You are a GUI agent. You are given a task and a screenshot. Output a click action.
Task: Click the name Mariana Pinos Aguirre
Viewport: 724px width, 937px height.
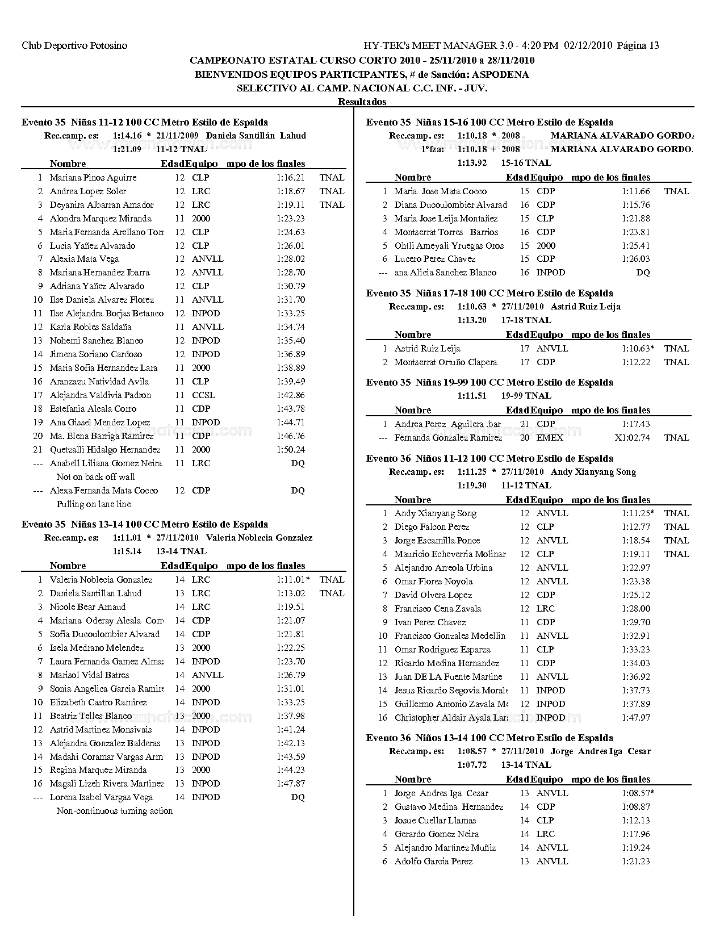point(93,178)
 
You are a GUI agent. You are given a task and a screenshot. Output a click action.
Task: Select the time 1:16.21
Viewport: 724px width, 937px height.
point(291,178)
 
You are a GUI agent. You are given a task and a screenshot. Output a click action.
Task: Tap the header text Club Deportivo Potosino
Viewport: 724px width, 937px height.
point(74,45)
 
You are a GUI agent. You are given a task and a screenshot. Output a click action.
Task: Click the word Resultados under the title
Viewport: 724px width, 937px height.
point(362,102)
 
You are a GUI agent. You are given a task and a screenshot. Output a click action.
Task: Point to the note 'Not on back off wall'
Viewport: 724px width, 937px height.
point(95,477)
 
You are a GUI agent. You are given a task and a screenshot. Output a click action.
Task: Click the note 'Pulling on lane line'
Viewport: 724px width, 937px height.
point(94,504)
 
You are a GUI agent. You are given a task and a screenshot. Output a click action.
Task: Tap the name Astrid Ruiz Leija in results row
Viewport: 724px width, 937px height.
point(427,349)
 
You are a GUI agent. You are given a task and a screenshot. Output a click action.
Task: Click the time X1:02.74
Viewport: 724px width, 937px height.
point(632,438)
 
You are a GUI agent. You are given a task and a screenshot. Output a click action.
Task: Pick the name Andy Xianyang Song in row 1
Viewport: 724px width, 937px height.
point(436,513)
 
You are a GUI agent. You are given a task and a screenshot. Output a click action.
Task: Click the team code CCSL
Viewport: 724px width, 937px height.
point(203,395)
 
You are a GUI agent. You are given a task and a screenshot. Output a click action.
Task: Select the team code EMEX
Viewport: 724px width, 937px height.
point(550,438)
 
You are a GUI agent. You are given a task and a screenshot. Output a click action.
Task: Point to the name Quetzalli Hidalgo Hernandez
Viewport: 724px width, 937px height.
point(105,450)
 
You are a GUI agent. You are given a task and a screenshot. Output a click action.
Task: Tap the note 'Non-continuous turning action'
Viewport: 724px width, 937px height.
point(115,811)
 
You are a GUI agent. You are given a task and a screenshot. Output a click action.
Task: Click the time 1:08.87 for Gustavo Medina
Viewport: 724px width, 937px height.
point(635,807)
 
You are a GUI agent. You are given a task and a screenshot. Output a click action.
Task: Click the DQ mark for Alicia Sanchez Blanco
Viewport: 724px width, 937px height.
point(643,273)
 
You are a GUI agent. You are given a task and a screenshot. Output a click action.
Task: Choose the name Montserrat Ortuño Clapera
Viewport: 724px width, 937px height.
point(446,362)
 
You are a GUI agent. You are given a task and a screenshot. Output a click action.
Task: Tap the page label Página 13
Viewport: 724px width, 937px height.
point(638,45)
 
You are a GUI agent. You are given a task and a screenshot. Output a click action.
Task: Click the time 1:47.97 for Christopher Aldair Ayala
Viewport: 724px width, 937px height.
point(635,718)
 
